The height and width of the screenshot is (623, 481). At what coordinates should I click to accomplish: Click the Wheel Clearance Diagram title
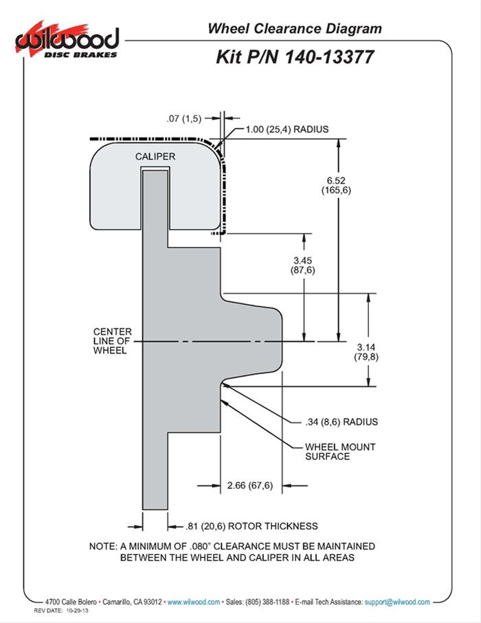click(295, 28)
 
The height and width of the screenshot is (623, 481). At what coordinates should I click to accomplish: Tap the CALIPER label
click(155, 157)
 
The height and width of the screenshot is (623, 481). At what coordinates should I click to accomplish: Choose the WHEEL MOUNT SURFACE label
click(339, 451)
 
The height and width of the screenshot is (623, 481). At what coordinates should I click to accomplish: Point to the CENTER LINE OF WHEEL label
click(113, 341)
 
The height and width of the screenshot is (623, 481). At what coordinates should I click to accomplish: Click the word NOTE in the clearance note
click(103, 546)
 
